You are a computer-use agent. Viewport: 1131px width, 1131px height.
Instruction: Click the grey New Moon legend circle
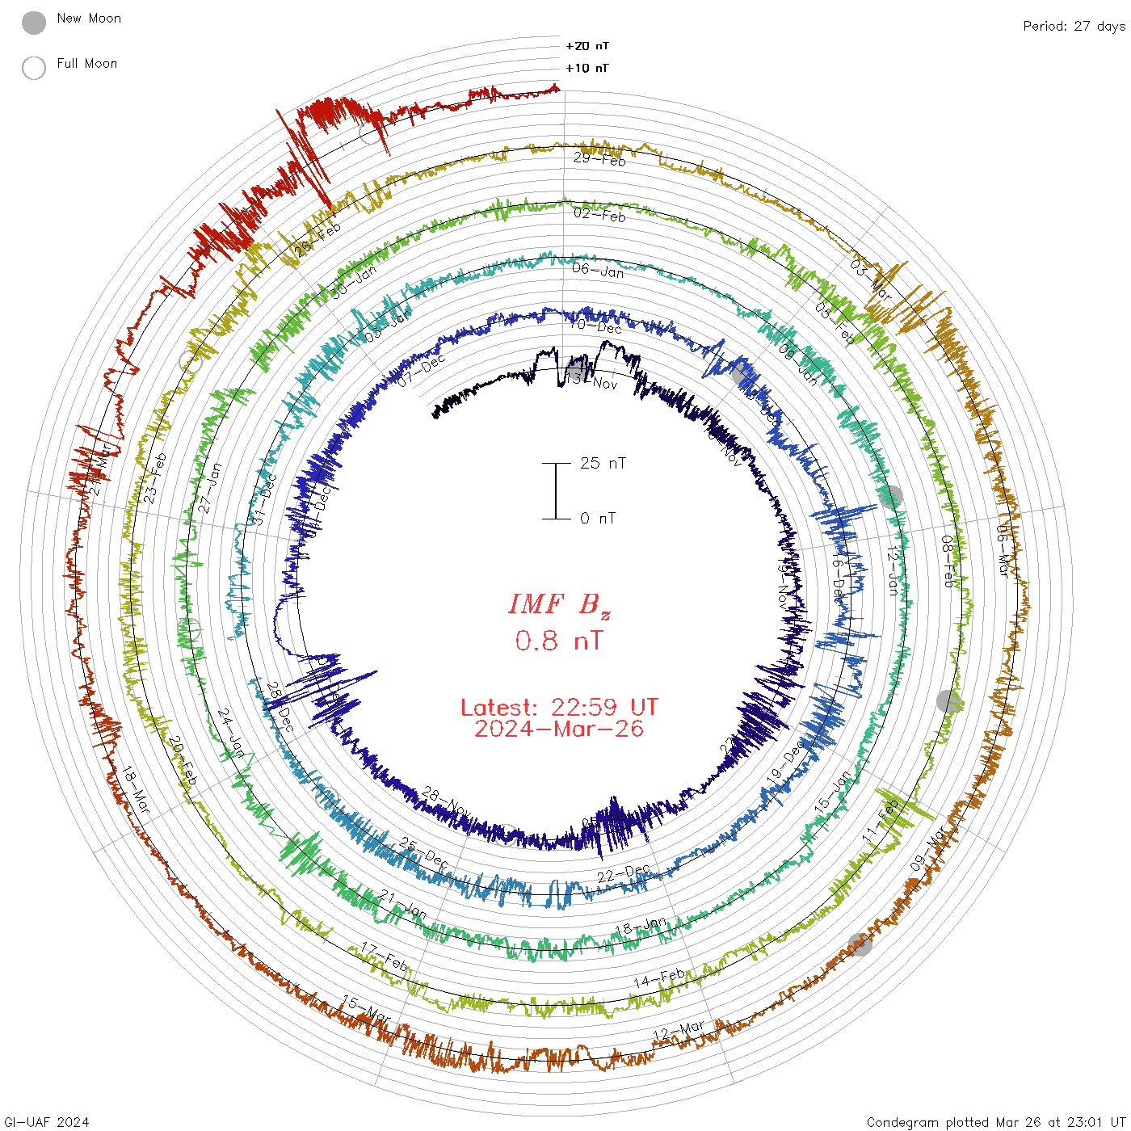pos(34,23)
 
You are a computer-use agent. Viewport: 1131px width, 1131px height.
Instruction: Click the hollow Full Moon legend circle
pos(34,68)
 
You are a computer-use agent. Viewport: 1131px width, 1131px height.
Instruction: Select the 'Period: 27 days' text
pos(1074,26)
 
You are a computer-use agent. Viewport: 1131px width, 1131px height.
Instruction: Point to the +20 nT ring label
pos(587,46)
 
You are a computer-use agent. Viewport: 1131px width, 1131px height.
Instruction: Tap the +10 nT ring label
pos(587,68)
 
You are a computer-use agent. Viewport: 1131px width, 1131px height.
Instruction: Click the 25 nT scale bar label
pos(603,463)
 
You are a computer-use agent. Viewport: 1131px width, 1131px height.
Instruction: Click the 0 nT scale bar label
pos(598,518)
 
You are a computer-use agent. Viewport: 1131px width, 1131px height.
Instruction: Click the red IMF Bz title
pos(559,604)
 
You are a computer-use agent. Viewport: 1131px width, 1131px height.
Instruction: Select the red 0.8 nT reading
pos(559,641)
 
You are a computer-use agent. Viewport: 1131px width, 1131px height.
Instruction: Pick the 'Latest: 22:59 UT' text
pos(559,708)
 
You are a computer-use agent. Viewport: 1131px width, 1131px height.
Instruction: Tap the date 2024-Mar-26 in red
pos(559,729)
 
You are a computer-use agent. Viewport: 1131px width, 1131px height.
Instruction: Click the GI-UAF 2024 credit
pos(47,1122)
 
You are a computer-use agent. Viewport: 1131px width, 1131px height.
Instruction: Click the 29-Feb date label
pos(599,158)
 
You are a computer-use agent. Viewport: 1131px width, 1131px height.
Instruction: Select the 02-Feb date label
pos(599,214)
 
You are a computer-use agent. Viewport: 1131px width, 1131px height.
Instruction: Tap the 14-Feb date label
pos(659,978)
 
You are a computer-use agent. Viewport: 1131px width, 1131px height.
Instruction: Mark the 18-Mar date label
pos(136,789)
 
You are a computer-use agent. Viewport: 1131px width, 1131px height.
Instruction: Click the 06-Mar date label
pos(1003,550)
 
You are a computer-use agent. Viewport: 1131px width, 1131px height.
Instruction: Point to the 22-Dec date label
pos(624,873)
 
